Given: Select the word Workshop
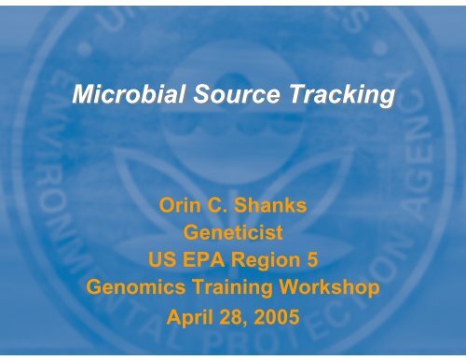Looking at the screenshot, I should pos(329,289).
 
